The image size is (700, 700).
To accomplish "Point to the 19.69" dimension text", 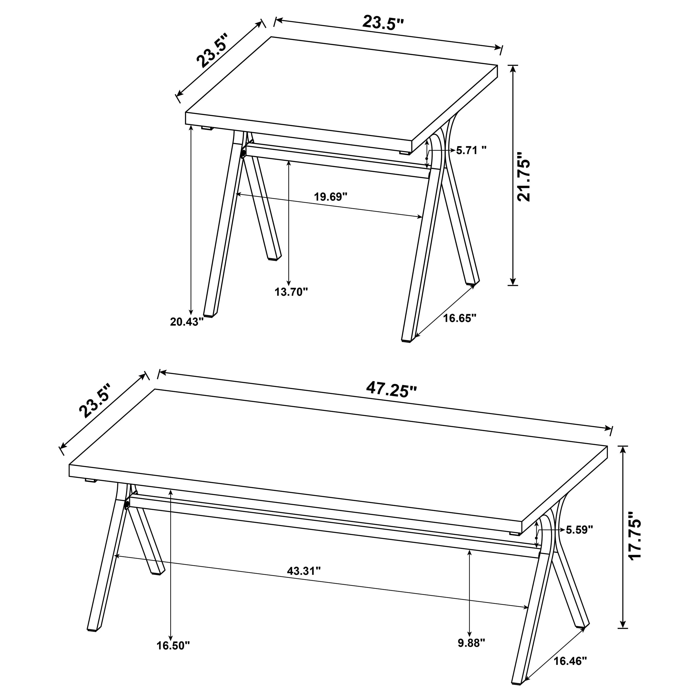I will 330,197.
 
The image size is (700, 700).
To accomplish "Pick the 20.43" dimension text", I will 187,322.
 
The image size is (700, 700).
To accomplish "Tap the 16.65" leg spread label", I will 459,318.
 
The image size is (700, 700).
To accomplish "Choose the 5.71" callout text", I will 471,150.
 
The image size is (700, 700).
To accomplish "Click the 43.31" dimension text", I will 304,571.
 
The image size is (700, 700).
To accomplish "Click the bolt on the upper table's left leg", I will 243,154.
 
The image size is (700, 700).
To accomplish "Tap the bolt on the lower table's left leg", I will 127,505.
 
